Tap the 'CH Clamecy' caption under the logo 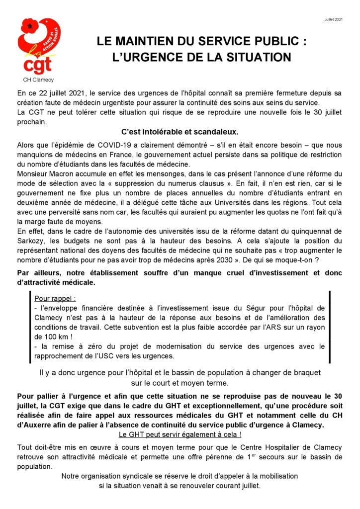tap(39, 80)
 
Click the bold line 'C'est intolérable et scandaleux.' tap(180, 132)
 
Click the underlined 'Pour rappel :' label tap(55, 299)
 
